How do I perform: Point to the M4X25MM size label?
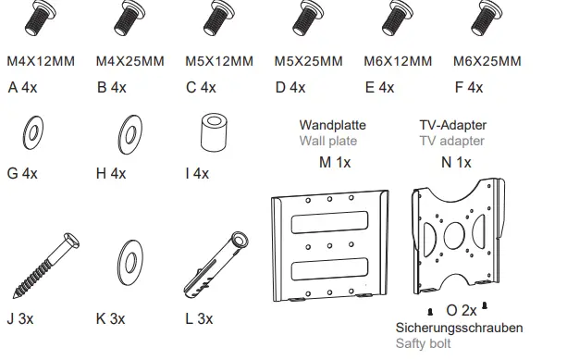(x=130, y=62)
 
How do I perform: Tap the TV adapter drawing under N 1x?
(x=457, y=239)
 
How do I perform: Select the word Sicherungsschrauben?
(x=459, y=328)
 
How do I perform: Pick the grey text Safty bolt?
(x=425, y=344)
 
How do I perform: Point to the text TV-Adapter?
(x=453, y=125)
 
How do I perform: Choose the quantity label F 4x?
(x=469, y=88)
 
